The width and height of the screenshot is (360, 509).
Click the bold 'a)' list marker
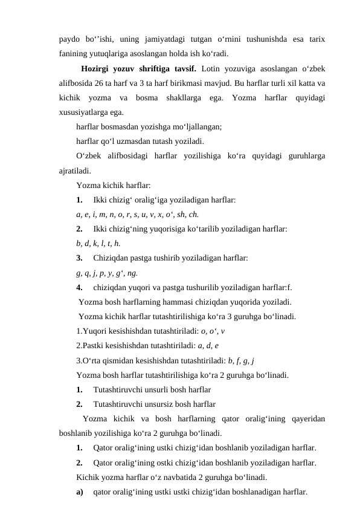(x=80, y=491)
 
